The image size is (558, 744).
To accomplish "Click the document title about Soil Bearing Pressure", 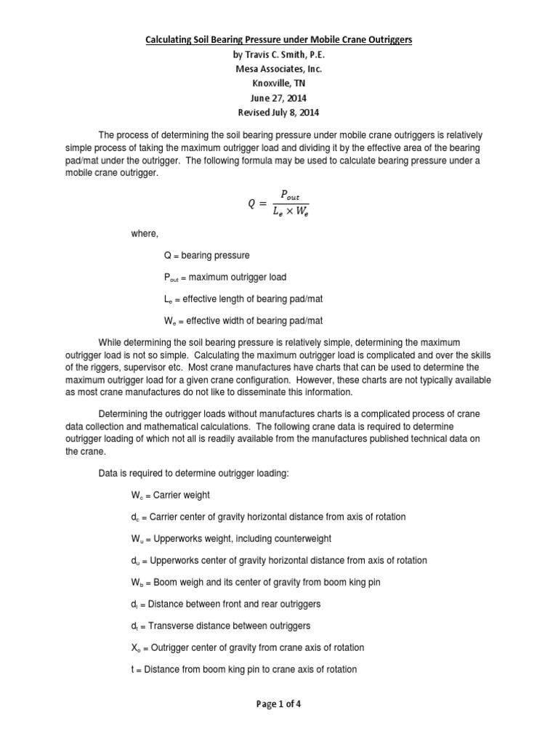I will (x=278, y=40).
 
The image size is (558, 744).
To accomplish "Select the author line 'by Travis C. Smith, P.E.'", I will (x=278, y=54).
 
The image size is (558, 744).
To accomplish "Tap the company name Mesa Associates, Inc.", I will (x=278, y=69).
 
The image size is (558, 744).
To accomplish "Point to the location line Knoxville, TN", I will (x=278, y=84).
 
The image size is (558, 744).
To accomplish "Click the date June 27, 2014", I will (x=278, y=98).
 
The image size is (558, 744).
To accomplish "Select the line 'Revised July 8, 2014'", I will (x=278, y=113).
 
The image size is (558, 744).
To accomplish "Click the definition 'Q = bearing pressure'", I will (x=206, y=256).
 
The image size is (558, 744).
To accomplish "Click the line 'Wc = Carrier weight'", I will (x=169, y=495).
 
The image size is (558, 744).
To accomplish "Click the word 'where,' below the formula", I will (x=144, y=234).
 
